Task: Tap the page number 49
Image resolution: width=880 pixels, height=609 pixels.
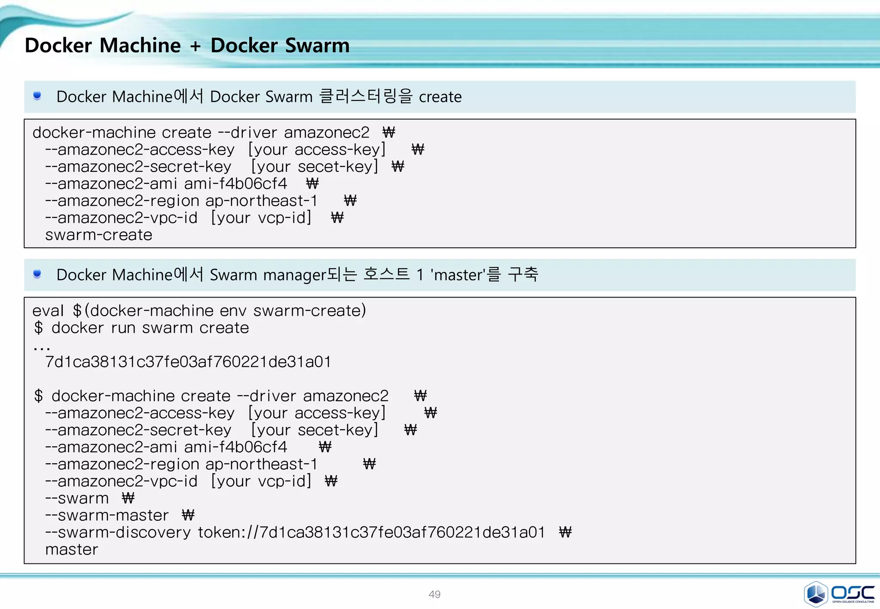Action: (434, 594)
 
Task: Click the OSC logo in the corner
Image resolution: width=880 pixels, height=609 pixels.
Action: (839, 594)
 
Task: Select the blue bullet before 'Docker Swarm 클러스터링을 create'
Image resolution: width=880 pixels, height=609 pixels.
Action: (37, 95)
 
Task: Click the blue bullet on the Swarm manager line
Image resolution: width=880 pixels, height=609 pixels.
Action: (37, 274)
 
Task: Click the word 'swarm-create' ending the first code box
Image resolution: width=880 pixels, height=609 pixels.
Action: (99, 235)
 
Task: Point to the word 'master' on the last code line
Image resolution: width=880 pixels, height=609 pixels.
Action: (72, 550)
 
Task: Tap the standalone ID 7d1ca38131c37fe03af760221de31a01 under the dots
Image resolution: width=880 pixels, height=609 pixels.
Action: (188, 362)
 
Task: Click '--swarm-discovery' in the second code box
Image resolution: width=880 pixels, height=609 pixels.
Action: (118, 533)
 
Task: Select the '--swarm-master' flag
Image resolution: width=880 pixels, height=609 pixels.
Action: (107, 515)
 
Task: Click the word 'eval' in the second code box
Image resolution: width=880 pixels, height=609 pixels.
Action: (48, 311)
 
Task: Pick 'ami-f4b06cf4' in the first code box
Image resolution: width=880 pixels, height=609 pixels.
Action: (235, 184)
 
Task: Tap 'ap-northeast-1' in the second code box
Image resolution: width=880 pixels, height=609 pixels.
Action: (261, 464)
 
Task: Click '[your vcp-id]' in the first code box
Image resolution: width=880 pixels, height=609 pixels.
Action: (261, 218)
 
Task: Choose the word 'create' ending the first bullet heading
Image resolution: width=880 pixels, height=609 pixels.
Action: (440, 97)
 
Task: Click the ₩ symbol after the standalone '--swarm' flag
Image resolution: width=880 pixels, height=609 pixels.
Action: (128, 498)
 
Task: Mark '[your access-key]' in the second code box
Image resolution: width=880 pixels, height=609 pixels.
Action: (317, 413)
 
